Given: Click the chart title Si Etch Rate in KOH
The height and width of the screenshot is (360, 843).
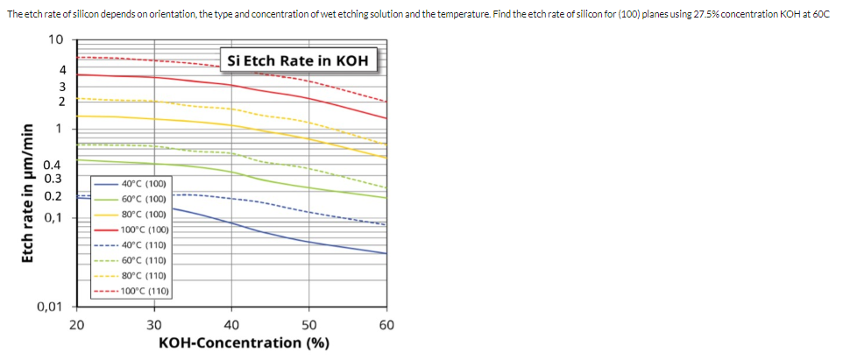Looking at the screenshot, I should tap(297, 61).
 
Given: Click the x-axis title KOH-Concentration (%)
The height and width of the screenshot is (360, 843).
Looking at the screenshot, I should tap(244, 342).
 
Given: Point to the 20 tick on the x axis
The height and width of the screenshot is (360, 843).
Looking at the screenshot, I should tap(76, 325).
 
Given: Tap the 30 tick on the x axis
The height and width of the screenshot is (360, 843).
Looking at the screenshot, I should tap(154, 325).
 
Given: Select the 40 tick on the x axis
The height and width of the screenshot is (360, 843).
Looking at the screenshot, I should tap(232, 325).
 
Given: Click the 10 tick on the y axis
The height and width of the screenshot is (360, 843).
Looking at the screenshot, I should tap(55, 40).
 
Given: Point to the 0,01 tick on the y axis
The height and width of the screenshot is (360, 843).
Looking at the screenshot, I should tap(50, 307).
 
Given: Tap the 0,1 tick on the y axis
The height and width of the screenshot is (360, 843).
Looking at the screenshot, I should tap(53, 217).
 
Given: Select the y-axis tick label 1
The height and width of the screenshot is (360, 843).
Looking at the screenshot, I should tap(59, 129).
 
